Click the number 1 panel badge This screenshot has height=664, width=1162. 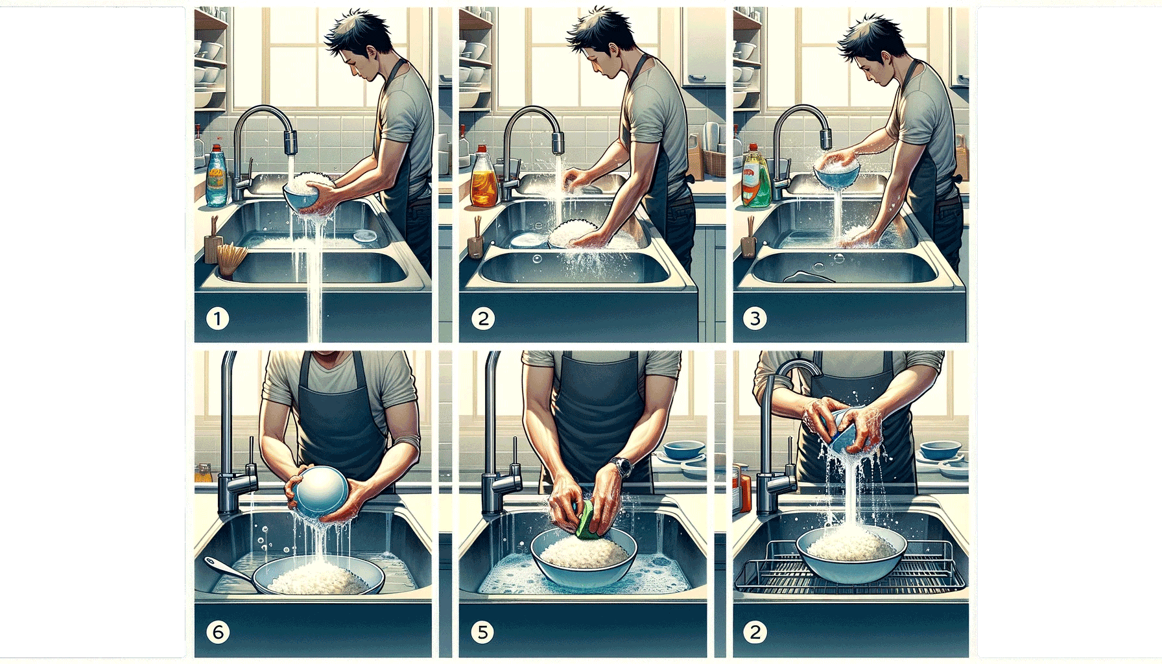pos(217,318)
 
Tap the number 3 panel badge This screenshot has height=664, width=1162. pos(754,318)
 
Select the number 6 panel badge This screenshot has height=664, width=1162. pos(217,632)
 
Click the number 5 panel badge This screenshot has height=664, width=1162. pos(482,632)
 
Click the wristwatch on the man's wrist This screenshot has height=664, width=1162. pos(621,466)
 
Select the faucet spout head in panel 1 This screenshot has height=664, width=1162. pos(290,142)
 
